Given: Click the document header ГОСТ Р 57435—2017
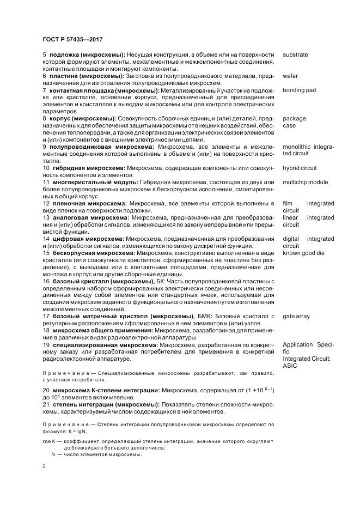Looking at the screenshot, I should tap(72, 39).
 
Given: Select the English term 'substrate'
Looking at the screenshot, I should tap(295, 55).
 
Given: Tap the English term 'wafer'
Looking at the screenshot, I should tap(290, 76).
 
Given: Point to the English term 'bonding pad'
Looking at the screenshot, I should tap(299, 90).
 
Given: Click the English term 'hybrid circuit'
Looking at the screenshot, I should tap(300, 168).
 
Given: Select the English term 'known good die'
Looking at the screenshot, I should tap(303, 253).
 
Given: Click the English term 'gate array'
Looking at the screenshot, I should tap(296, 317).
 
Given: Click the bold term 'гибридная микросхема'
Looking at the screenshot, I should tap(87, 168).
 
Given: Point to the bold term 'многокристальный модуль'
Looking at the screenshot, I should tap(94, 183).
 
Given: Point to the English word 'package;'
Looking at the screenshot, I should tap(295, 118).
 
